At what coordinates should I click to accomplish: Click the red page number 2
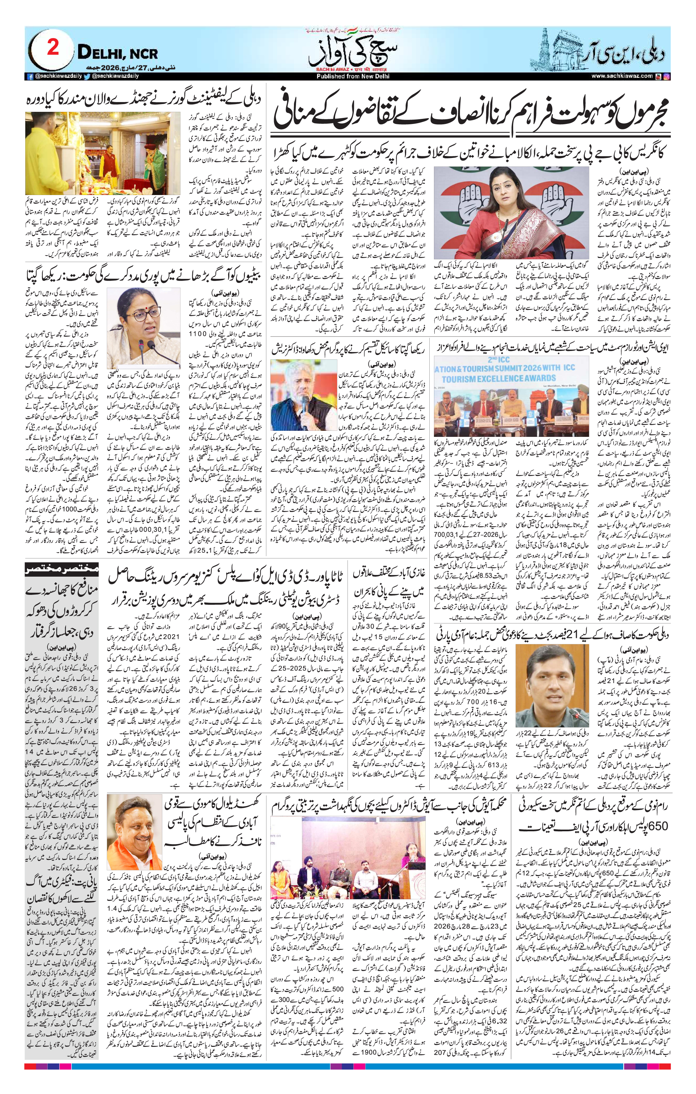(x=53, y=47)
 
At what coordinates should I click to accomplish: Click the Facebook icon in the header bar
(x=30, y=76)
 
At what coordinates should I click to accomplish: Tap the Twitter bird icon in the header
(x=87, y=76)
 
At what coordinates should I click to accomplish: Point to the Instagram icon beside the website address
(x=666, y=76)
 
